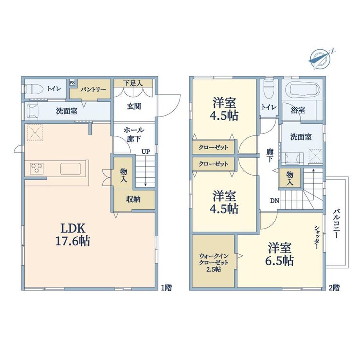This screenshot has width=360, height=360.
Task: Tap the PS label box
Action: click(72, 83)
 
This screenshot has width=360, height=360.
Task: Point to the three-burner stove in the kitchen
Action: click(36, 169)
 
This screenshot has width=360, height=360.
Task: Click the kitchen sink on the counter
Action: click(70, 169)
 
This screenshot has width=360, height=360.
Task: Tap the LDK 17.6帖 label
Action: click(72, 235)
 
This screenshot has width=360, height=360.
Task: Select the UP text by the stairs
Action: click(146, 151)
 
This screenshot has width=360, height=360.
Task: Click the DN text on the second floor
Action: click(274, 201)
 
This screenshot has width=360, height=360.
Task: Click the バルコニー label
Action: click(336, 223)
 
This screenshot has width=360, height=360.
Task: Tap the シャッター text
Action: click(317, 237)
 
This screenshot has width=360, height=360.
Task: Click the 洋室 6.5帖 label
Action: click(279, 254)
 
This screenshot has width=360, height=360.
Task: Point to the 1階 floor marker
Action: click(166, 288)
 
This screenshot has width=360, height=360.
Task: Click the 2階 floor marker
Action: click(334, 288)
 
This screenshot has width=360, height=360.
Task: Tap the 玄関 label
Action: click(134, 106)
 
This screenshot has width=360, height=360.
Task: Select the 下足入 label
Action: click(133, 83)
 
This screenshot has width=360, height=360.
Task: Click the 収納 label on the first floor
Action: click(133, 199)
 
